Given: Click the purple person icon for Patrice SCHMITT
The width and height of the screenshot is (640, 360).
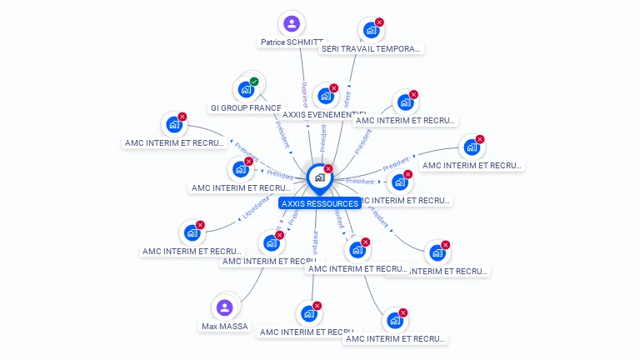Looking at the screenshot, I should [x=291, y=23].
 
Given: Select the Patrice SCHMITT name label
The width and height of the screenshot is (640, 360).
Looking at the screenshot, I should [x=291, y=42].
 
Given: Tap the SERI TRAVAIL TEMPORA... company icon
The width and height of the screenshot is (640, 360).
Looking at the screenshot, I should [x=371, y=30].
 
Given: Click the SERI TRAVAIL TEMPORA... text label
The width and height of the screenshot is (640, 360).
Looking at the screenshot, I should [x=372, y=49].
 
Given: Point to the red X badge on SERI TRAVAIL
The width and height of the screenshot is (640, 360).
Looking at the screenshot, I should [x=379, y=22].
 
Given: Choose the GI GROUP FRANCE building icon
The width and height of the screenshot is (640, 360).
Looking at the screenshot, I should [x=245, y=88].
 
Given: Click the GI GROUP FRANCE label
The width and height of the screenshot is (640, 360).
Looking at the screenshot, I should [x=246, y=108].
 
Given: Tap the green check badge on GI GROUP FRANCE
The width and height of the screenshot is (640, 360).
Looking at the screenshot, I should [x=254, y=82].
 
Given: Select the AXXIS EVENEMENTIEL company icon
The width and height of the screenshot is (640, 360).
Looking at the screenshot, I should [x=325, y=96].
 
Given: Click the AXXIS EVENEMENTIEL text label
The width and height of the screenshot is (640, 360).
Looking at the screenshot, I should [x=324, y=115].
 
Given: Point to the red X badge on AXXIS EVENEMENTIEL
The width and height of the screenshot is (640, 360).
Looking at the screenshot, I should [x=334, y=88].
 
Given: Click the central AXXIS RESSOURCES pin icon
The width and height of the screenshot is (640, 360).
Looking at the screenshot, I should [x=318, y=177].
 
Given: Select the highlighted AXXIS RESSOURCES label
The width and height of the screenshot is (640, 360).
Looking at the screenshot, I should [x=320, y=203].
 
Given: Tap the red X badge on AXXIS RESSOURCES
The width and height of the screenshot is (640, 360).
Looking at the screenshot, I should [x=328, y=169].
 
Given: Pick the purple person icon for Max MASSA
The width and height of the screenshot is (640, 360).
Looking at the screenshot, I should [x=224, y=307].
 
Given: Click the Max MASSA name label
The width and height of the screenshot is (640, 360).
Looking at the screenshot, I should [x=225, y=327].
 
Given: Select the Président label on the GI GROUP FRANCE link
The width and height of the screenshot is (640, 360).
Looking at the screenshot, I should [x=282, y=134].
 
